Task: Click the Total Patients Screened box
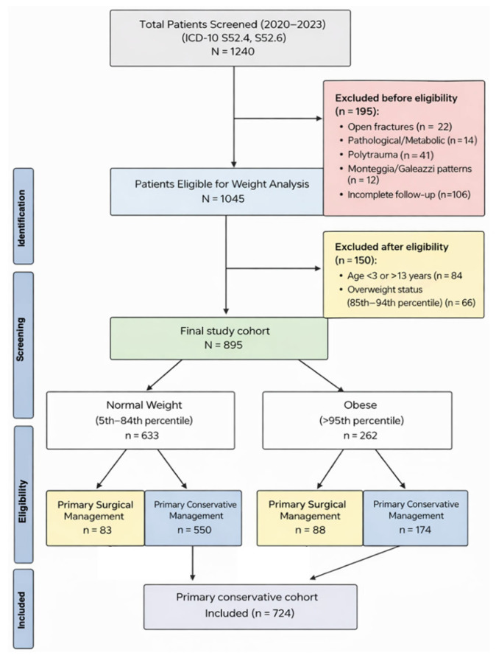click(230, 38)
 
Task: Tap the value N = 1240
click(233, 52)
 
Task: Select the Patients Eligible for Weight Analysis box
click(217, 192)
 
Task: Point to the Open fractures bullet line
click(396, 127)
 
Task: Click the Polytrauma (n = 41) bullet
click(386, 155)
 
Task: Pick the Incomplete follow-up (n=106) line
click(405, 195)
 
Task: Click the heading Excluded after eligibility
click(392, 247)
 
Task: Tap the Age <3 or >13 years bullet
click(400, 276)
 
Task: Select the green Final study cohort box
click(219, 338)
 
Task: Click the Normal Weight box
click(141, 421)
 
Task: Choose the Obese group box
click(357, 421)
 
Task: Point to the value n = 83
click(97, 531)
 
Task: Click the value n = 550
click(194, 531)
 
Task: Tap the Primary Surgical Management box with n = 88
click(310, 518)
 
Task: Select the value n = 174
click(415, 531)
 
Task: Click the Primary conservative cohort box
click(250, 607)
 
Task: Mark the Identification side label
click(23, 216)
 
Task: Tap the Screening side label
click(23, 345)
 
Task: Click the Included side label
click(23, 609)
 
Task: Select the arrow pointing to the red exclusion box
click(278, 119)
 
